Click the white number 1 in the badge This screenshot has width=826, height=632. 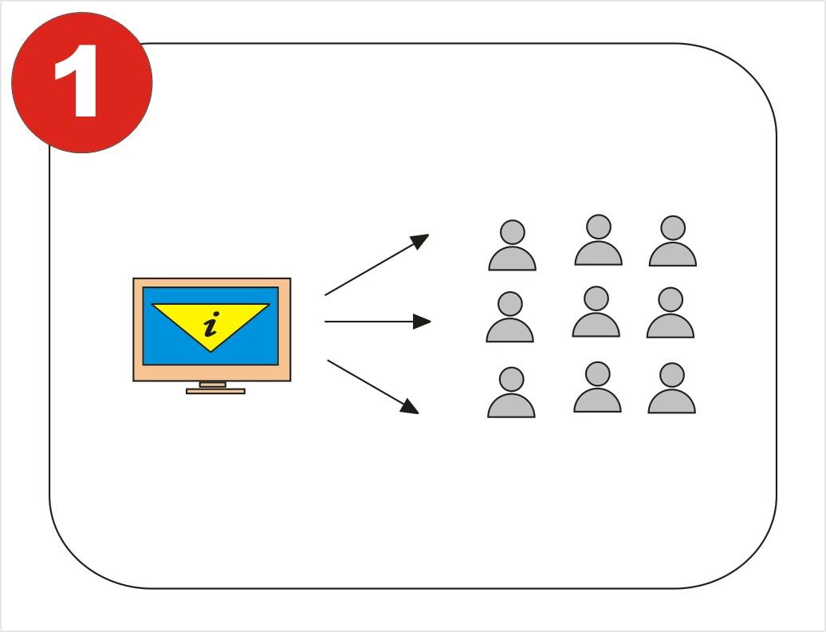(77, 81)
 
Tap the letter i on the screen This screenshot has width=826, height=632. (211, 324)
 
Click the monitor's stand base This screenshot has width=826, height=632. (215, 391)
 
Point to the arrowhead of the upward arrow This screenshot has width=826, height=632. (420, 241)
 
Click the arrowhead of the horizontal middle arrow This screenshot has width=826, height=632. (422, 322)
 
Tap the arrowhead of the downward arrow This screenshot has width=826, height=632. (410, 406)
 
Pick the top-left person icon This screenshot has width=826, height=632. (512, 246)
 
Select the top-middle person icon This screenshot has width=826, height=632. (599, 240)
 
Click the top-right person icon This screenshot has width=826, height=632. (673, 241)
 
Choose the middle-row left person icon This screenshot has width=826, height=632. (510, 317)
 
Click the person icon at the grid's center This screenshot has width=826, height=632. (596, 311)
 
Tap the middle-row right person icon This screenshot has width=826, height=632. (671, 313)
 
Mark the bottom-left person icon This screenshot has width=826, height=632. (512, 393)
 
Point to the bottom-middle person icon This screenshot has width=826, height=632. (597, 387)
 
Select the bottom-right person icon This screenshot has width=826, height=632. (671, 388)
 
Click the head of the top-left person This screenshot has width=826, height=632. (512, 232)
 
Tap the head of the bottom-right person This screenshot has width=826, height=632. (671, 375)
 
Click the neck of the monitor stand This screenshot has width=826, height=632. (213, 385)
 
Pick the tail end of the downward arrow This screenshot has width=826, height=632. (328, 361)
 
